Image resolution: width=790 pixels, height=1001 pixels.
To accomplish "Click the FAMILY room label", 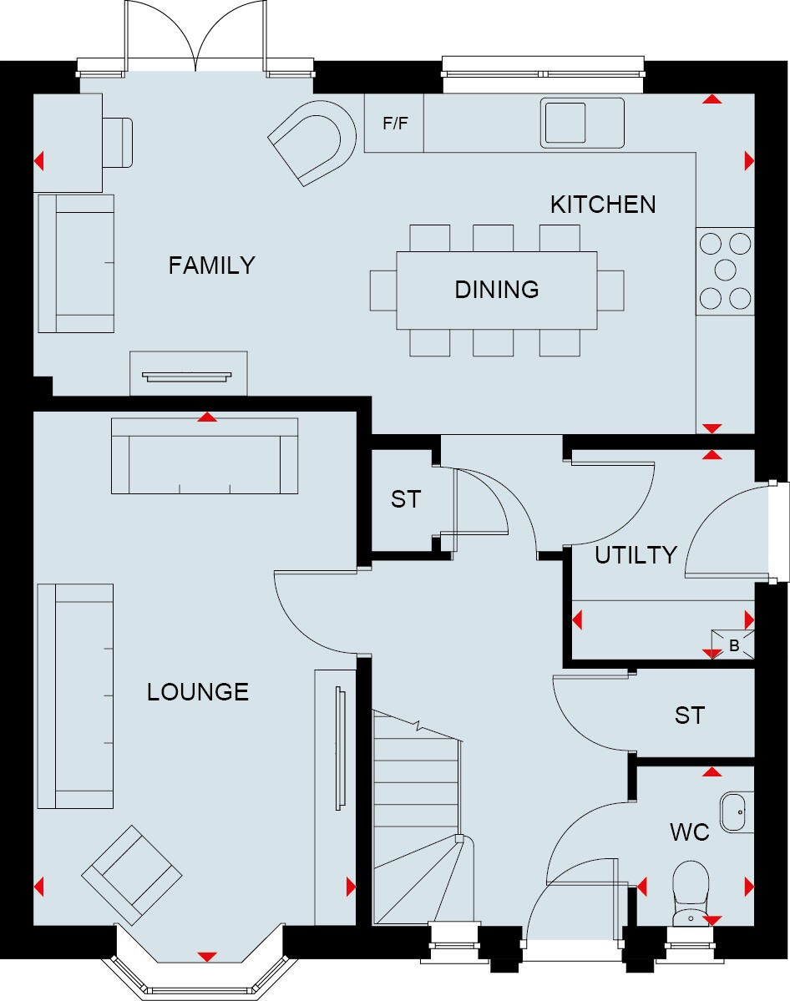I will tap(211, 265).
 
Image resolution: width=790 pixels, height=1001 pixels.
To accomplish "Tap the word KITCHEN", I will tap(603, 205).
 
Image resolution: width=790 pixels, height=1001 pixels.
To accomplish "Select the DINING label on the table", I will tap(497, 290).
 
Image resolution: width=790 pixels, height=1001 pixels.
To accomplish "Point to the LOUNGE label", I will tap(198, 692).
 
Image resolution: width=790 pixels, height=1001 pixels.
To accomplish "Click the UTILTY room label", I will tap(636, 555).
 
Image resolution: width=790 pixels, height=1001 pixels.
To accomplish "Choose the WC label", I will tap(690, 832).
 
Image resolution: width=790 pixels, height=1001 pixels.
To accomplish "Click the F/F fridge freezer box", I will tap(395, 124).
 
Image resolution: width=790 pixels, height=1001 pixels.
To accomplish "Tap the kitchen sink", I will tap(582, 123).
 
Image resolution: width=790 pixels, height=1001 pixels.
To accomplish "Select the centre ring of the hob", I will tap(725, 270).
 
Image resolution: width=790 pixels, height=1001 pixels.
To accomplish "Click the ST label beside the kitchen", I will tap(406, 500).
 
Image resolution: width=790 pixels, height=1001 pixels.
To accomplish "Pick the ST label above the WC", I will tap(690, 715).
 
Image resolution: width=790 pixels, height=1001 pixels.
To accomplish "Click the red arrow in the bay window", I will tap(207, 956).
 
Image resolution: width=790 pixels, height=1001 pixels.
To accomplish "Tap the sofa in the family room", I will tap(75, 263).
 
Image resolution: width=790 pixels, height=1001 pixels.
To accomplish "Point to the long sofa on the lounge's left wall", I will tap(75, 695).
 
